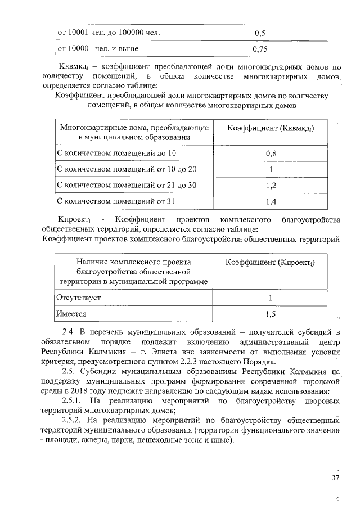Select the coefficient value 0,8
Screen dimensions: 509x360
(x=271, y=153)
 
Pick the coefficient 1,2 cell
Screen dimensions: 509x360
(x=271, y=184)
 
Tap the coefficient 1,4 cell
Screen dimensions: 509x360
(x=271, y=200)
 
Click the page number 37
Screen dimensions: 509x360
(x=336, y=478)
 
